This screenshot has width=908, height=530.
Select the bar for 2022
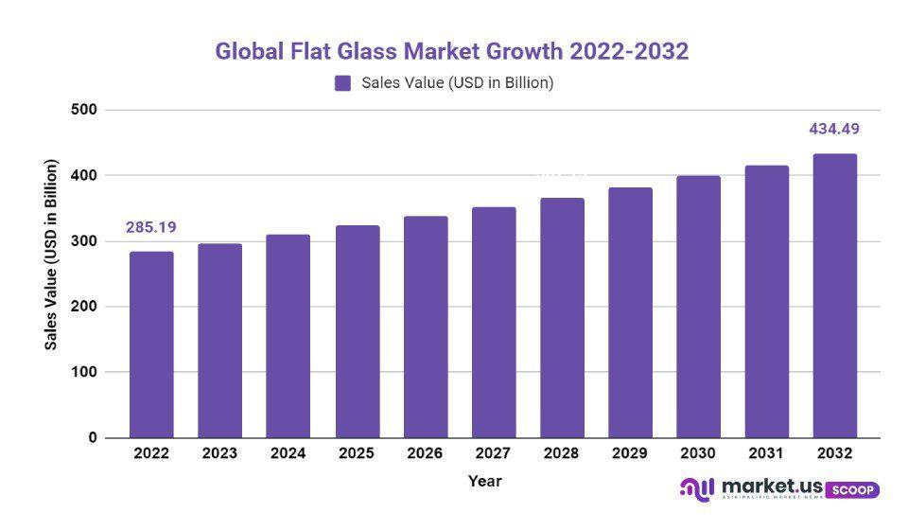point(151,344)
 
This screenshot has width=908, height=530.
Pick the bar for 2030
point(698,307)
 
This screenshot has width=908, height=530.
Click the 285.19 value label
point(151,227)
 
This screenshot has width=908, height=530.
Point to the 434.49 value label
point(834,129)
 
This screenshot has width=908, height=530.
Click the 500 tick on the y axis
point(84,110)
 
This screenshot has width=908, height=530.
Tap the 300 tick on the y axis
point(84,241)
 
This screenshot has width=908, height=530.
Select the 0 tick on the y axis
point(93,438)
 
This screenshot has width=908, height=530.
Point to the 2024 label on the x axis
point(288,453)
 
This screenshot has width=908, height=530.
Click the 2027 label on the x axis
point(493,453)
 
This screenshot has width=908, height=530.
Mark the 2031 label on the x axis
point(766,453)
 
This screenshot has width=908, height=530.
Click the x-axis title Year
point(484,482)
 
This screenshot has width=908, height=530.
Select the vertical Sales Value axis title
point(52,256)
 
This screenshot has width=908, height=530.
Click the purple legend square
point(342,83)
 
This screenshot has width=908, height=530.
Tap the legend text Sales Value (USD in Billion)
point(457,83)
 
